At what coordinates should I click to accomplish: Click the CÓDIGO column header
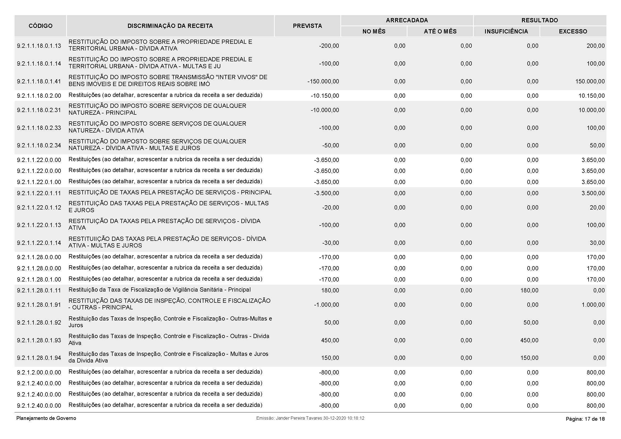point(40,26)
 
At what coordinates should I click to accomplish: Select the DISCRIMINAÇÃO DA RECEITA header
point(170,26)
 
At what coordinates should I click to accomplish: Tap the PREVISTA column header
point(307,26)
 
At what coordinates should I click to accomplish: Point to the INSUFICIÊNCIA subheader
point(506,32)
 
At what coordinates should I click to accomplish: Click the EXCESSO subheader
point(573,32)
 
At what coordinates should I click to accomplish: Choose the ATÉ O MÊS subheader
point(440,32)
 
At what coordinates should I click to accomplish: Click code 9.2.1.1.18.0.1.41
point(39,82)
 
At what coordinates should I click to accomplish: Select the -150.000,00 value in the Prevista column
point(323,82)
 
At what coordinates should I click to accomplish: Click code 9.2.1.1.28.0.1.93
point(39,340)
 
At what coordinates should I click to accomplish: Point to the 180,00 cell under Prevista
point(330,291)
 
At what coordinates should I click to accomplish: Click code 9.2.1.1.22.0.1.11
point(39,193)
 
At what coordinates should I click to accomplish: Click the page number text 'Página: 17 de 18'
point(585,419)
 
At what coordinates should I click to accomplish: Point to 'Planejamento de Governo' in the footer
point(46,419)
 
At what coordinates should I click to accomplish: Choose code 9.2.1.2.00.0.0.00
point(39,372)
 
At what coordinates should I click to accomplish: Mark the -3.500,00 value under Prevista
point(326,193)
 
